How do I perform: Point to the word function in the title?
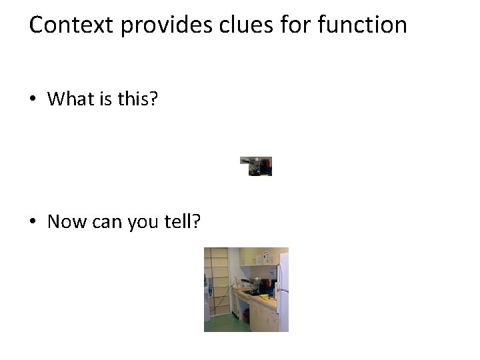(363, 25)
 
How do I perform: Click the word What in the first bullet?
(71, 99)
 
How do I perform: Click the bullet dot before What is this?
(33, 100)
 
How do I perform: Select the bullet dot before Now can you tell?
(33, 222)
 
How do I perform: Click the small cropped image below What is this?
(256, 166)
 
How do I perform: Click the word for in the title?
(294, 25)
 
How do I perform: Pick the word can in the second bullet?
(107, 222)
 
